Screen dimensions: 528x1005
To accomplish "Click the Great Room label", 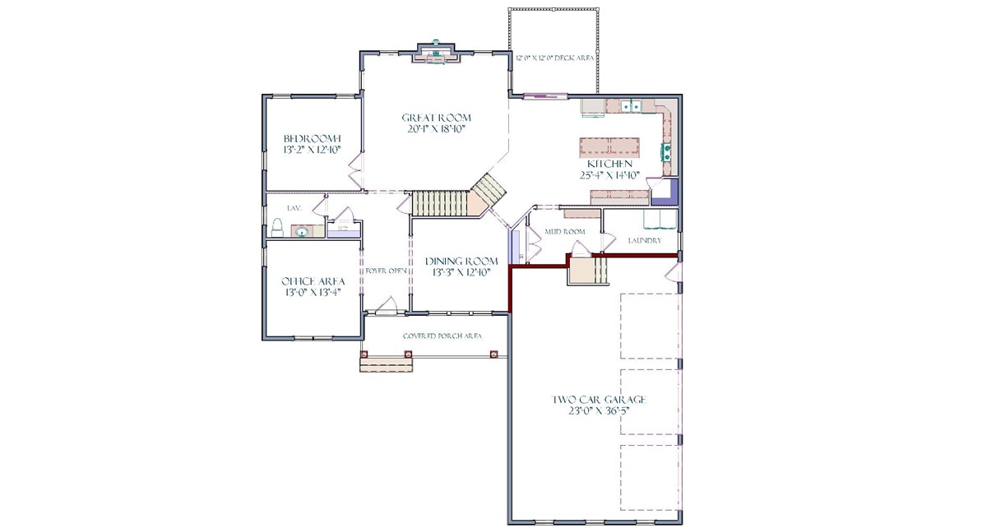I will (x=436, y=118).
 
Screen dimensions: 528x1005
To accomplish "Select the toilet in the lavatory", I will (x=277, y=227).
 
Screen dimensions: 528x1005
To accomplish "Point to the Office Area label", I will (x=313, y=280).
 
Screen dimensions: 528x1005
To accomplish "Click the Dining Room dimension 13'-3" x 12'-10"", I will (x=461, y=272).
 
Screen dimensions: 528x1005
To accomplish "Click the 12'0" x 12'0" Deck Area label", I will (x=554, y=58).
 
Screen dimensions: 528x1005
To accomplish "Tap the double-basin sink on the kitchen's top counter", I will (x=632, y=106).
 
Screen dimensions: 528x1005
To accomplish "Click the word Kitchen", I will (x=609, y=164).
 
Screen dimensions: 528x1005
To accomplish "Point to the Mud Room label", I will (x=565, y=232).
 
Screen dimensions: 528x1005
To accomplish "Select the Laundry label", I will (x=644, y=241).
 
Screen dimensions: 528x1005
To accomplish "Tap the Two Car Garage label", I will (x=598, y=400).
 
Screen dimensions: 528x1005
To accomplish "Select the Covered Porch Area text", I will (x=442, y=336).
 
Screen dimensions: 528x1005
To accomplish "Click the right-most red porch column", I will (x=494, y=355).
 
